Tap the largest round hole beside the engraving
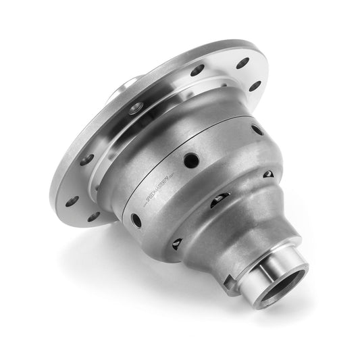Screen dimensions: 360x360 point(191,160)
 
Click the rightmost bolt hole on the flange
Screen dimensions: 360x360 point(255,86)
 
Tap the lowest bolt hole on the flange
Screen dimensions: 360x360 point(93,217)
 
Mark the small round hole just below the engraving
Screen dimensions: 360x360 point(136,220)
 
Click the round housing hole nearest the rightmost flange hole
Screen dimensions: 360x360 point(257,129)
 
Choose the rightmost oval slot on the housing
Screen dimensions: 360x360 point(268,174)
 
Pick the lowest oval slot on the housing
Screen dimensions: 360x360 point(177,242)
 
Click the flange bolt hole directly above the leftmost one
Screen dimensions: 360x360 point(86,159)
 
